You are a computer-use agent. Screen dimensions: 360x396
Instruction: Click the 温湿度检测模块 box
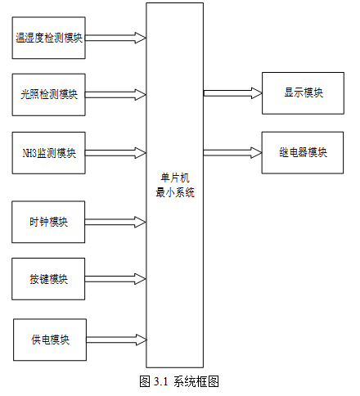(x=49, y=38)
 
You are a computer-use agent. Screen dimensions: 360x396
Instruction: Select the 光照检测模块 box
(x=49, y=95)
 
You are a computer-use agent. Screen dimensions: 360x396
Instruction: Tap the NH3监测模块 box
(x=49, y=153)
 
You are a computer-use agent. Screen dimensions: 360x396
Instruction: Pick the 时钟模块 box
(x=48, y=222)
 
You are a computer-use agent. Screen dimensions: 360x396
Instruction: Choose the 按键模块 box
(x=48, y=279)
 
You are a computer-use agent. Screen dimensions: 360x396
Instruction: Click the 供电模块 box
(x=50, y=340)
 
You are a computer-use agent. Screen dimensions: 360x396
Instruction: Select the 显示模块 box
(x=303, y=93)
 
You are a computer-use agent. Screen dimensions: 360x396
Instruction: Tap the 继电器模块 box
(x=303, y=153)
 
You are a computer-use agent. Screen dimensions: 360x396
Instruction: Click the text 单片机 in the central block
(x=175, y=178)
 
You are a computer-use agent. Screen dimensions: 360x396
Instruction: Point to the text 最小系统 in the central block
(x=175, y=192)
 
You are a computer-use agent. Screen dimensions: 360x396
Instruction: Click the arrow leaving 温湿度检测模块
(x=115, y=38)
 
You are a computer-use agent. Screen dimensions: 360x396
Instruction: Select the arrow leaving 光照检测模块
(x=115, y=95)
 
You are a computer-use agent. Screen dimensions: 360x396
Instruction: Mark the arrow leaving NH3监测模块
(x=115, y=153)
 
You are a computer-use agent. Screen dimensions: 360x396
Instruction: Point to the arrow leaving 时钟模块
(x=115, y=222)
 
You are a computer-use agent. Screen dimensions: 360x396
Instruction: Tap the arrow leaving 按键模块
(x=115, y=279)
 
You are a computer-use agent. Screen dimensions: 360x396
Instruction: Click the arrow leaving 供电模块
(x=117, y=340)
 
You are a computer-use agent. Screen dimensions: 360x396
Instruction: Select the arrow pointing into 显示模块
(x=233, y=93)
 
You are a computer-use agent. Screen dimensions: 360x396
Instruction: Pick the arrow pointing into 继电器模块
(x=232, y=153)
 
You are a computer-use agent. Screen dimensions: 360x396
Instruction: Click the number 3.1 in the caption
(x=161, y=381)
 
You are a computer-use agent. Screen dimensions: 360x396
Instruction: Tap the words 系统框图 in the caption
(x=196, y=381)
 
